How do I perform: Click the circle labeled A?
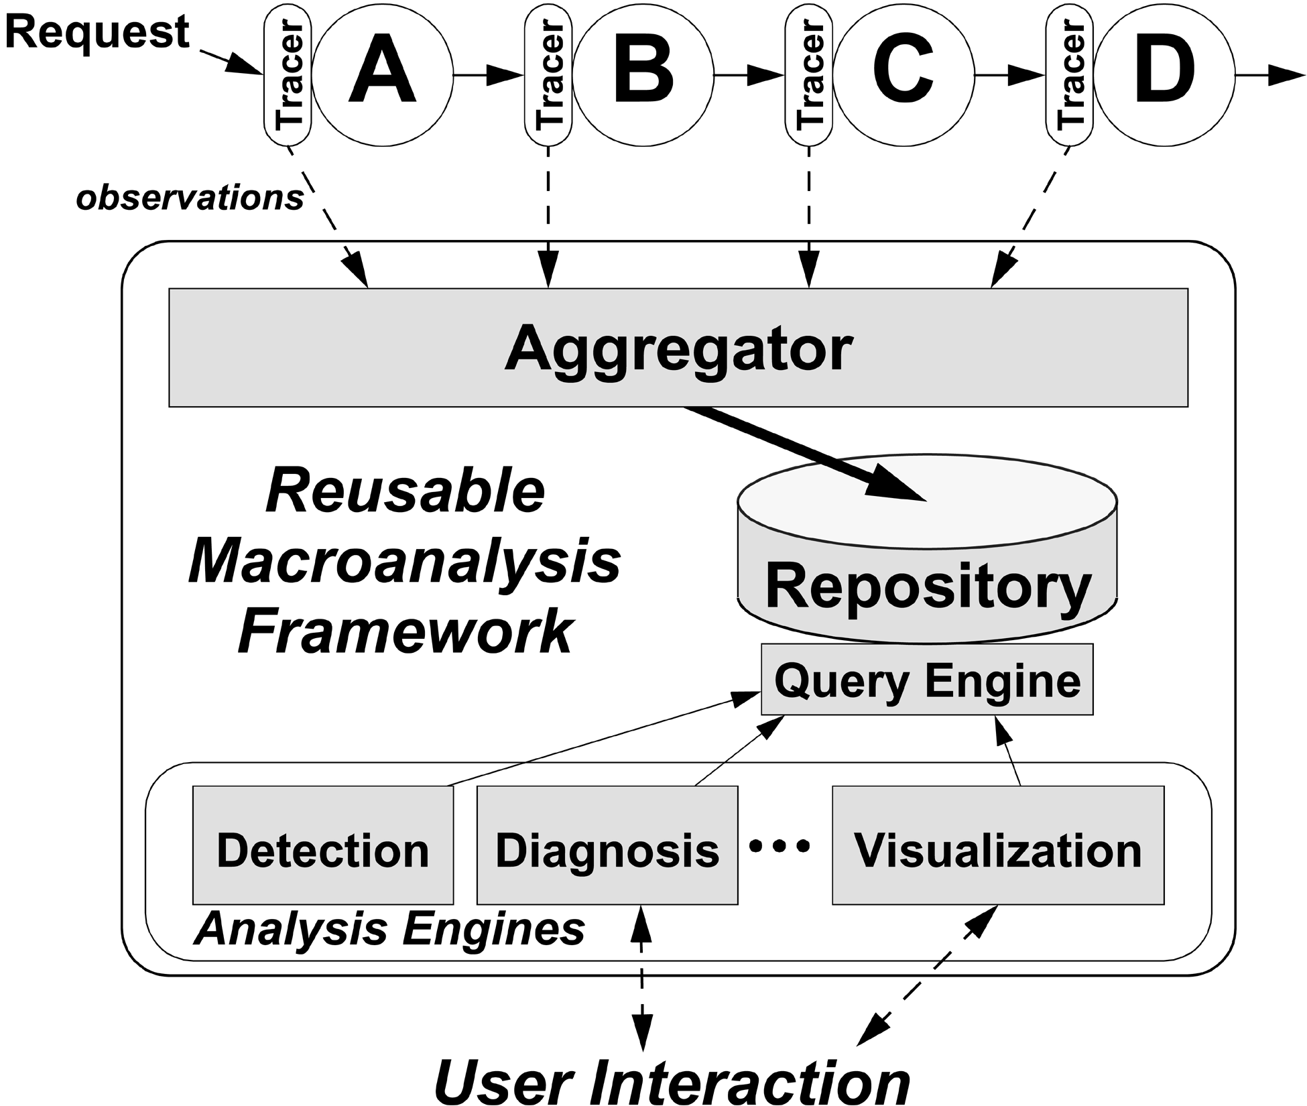(382, 75)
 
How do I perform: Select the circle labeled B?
(642, 75)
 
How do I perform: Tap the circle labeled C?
(903, 75)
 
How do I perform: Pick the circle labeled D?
(1164, 75)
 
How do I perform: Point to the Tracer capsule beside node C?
(809, 75)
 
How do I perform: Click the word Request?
(99, 32)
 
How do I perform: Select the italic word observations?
(190, 198)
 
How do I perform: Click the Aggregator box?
(678, 348)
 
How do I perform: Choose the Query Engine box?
(927, 680)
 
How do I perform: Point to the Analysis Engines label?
(389, 929)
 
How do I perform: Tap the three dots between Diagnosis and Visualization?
(780, 847)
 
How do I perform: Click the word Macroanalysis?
(405, 562)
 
